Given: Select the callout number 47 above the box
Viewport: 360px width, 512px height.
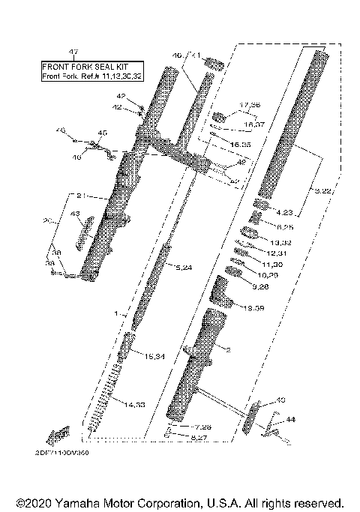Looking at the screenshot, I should pyautogui.click(x=73, y=52).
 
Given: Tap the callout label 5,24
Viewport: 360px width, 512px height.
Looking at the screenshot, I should pyautogui.click(x=184, y=267).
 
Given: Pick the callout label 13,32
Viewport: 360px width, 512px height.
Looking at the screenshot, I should pyautogui.click(x=280, y=243).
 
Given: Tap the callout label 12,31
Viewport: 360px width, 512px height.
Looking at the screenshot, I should pyautogui.click(x=277, y=254).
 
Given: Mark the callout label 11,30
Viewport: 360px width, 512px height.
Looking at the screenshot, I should pyautogui.click(x=274, y=265).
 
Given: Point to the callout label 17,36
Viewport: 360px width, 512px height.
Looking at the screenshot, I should pyautogui.click(x=249, y=105).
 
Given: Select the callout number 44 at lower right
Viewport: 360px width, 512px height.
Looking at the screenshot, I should pyautogui.click(x=290, y=421).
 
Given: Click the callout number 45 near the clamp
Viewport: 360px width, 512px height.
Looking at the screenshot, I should pyautogui.click(x=102, y=133).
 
